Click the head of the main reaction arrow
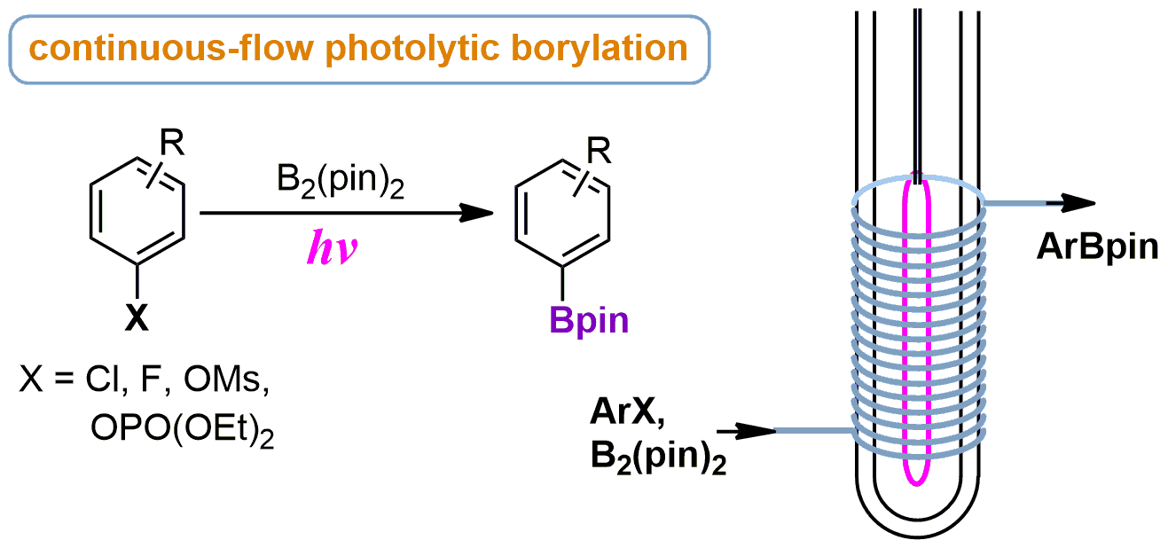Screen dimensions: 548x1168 coord(480,214)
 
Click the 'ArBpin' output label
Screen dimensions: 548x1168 coord(1097,247)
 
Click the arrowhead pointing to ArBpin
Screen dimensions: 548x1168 coord(1076,202)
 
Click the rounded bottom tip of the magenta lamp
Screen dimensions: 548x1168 coord(916,482)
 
